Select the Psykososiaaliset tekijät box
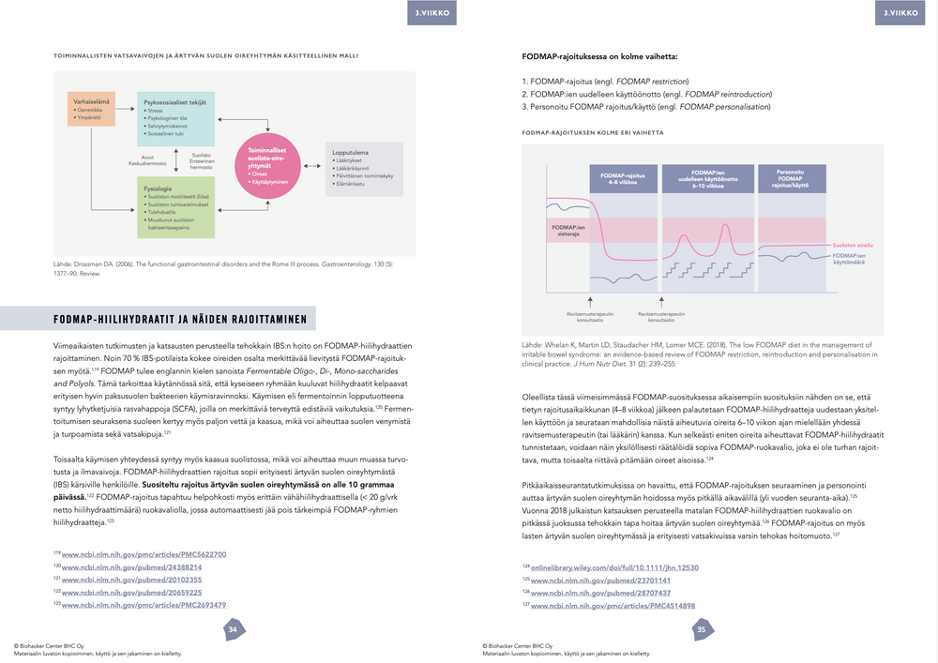pos(178,118)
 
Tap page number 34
pos(233,630)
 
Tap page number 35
pos(702,630)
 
